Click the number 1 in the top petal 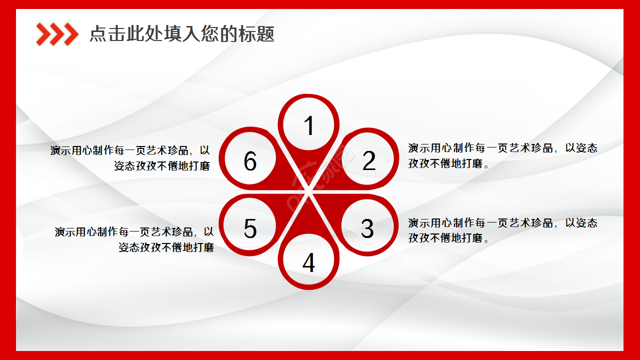309,125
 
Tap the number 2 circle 369,160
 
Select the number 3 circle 367,228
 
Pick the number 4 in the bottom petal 308,262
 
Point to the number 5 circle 250,228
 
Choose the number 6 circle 250,161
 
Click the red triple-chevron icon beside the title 57,34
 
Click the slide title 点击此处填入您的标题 182,34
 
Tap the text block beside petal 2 502,155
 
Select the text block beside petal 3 502,230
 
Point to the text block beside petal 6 130,158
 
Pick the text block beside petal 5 134,239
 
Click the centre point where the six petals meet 309,192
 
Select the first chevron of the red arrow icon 43,34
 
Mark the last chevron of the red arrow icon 71,34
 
